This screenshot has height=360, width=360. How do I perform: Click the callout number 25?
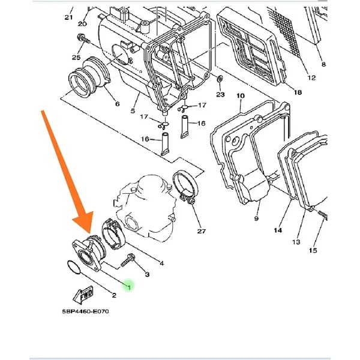pyautogui.click(x=76, y=57)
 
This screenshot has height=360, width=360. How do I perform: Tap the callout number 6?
pyautogui.click(x=116, y=104)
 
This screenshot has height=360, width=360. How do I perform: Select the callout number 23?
pyautogui.click(x=220, y=94)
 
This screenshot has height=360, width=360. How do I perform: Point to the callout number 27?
pyautogui.click(x=200, y=231)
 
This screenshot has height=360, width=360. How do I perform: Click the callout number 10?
pyautogui.click(x=241, y=96)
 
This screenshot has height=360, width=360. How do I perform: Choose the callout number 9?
pyautogui.click(x=257, y=219)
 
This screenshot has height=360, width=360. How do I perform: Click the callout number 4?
pyautogui.click(x=161, y=263)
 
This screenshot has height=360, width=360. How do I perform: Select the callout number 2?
pyautogui.click(x=113, y=295)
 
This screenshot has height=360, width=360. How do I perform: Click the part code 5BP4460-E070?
pyautogui.click(x=85, y=311)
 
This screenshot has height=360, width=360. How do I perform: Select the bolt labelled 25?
pyautogui.click(x=80, y=39)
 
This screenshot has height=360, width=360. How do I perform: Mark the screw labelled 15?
pyautogui.click(x=323, y=215)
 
